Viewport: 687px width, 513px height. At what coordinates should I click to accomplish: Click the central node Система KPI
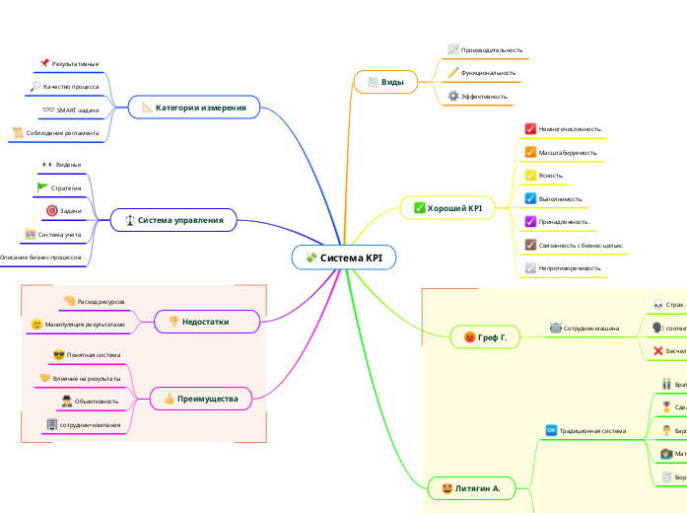(x=344, y=257)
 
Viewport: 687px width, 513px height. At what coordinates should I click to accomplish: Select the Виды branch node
(x=385, y=82)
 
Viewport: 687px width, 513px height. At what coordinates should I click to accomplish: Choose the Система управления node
(x=173, y=220)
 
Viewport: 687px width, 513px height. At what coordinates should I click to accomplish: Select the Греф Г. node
(x=485, y=337)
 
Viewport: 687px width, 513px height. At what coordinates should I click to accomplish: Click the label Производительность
(x=491, y=49)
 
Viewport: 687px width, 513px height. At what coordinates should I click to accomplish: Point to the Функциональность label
(x=488, y=73)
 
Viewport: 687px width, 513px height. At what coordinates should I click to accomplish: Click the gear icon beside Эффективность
(x=453, y=97)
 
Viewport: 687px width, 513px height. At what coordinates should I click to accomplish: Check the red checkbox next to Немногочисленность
(x=529, y=129)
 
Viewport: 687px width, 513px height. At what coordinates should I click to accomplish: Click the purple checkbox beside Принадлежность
(x=529, y=222)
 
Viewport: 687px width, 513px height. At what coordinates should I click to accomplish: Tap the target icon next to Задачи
(x=52, y=211)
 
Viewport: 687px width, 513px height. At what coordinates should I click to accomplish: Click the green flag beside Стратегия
(x=42, y=187)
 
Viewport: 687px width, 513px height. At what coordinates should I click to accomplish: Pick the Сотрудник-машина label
(x=590, y=328)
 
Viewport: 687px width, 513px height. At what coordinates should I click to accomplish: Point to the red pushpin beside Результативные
(x=44, y=64)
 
